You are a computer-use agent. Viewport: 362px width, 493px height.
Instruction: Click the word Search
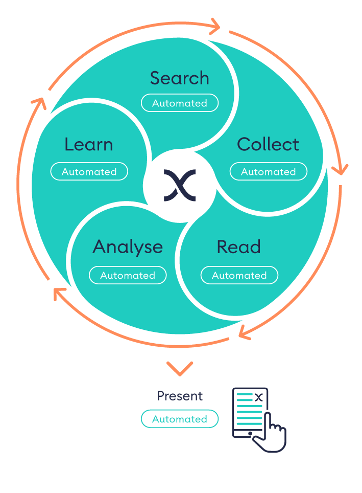pyautogui.click(x=179, y=78)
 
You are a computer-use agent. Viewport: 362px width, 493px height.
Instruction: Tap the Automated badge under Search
pyautogui.click(x=180, y=103)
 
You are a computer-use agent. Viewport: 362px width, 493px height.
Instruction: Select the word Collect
pyautogui.click(x=268, y=145)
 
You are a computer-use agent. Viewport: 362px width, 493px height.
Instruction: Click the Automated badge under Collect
pyautogui.click(x=269, y=172)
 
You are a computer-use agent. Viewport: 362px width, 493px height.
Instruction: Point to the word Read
pyautogui.click(x=238, y=247)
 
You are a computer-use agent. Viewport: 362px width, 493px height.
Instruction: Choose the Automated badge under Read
pyautogui.click(x=239, y=275)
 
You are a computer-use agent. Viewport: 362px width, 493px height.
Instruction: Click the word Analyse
pyautogui.click(x=128, y=247)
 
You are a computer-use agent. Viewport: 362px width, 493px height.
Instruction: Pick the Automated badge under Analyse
pyautogui.click(x=128, y=275)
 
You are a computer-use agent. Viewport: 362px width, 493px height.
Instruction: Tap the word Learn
pyautogui.click(x=88, y=145)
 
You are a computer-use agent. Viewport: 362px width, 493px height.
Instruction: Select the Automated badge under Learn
pyautogui.click(x=89, y=172)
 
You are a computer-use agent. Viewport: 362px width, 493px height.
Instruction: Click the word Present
pyautogui.click(x=180, y=396)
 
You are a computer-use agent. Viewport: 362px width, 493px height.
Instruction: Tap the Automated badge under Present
pyautogui.click(x=180, y=419)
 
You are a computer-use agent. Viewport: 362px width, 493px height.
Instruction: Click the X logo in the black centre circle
pyautogui.click(x=179, y=185)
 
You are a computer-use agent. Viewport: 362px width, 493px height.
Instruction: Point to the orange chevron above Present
pyautogui.click(x=180, y=367)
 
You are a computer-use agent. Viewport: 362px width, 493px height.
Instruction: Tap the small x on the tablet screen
pyautogui.click(x=259, y=397)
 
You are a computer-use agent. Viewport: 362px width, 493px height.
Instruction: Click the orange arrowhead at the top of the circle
pyautogui.click(x=214, y=25)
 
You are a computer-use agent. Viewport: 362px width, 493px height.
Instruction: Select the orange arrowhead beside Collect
pyautogui.click(x=340, y=168)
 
